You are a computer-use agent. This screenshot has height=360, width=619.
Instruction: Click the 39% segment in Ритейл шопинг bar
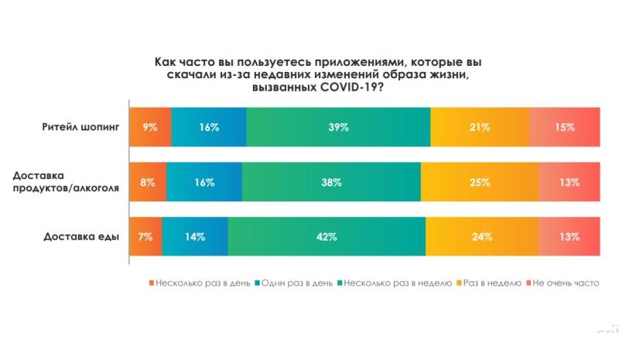(x=338, y=127)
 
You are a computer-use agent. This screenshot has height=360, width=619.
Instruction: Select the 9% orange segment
(x=150, y=127)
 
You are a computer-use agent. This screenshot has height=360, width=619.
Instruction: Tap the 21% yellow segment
(x=480, y=127)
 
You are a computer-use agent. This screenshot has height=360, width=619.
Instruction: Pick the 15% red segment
(x=565, y=127)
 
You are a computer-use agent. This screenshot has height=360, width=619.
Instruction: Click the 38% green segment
(x=331, y=183)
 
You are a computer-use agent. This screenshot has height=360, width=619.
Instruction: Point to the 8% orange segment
(x=148, y=183)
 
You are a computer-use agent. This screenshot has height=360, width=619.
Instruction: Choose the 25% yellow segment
(x=480, y=183)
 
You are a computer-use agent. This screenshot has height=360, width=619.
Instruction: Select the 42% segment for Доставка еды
(x=327, y=237)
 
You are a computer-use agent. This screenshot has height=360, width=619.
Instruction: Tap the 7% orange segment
(x=145, y=237)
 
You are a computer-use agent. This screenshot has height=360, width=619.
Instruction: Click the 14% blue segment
(x=195, y=237)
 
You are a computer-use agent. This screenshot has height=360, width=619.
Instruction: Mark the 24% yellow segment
(x=482, y=237)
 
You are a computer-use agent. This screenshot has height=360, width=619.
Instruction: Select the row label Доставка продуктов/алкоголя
(x=67, y=183)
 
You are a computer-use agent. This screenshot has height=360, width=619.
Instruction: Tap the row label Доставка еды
(x=82, y=237)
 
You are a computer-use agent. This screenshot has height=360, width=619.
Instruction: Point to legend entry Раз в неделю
(x=491, y=283)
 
